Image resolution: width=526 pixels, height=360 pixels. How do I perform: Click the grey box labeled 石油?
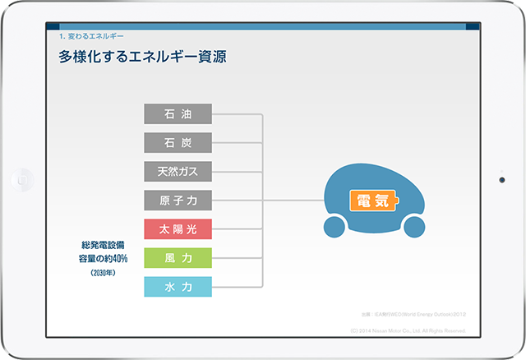[178, 114]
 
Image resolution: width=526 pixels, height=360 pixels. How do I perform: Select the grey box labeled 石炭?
[178, 143]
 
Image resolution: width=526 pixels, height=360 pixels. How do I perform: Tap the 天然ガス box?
[178, 172]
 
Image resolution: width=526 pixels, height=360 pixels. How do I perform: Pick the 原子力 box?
[178, 200]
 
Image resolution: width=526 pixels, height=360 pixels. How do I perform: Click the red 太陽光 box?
[178, 228]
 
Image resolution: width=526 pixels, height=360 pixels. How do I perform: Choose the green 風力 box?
[178, 258]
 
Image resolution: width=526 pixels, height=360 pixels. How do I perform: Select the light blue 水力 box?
[178, 287]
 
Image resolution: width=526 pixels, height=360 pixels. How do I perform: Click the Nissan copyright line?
[407, 330]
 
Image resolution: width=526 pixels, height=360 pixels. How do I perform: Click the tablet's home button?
[24, 178]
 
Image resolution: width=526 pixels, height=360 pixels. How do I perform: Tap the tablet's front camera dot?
[501, 178]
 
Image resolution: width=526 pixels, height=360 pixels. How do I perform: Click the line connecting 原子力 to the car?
[292, 200]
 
